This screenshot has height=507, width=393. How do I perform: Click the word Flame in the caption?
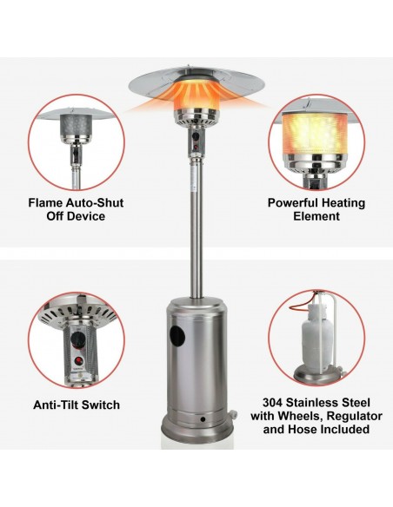tap(45, 203)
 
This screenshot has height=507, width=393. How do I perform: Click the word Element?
tap(316, 216)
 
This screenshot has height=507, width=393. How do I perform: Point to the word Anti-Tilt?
tap(56, 405)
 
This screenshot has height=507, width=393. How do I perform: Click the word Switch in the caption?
tap(100, 405)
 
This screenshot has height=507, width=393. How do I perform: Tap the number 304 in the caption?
tap(272, 403)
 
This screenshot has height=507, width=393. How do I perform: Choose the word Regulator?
tap(354, 416)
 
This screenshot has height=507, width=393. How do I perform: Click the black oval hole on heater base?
tap(177, 335)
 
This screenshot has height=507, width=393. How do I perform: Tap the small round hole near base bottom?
tap(203, 419)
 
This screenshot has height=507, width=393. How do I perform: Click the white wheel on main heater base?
tap(233, 414)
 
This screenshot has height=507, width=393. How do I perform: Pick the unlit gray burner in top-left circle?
tap(76, 126)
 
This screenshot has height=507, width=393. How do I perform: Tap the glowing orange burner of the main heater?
tap(196, 95)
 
